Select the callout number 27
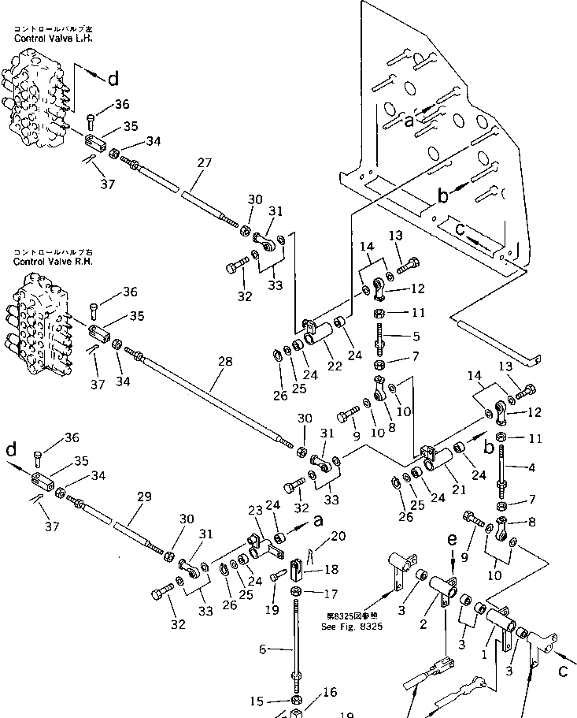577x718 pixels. (205, 163)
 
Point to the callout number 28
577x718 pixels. (225, 361)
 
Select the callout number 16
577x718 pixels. (331, 693)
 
